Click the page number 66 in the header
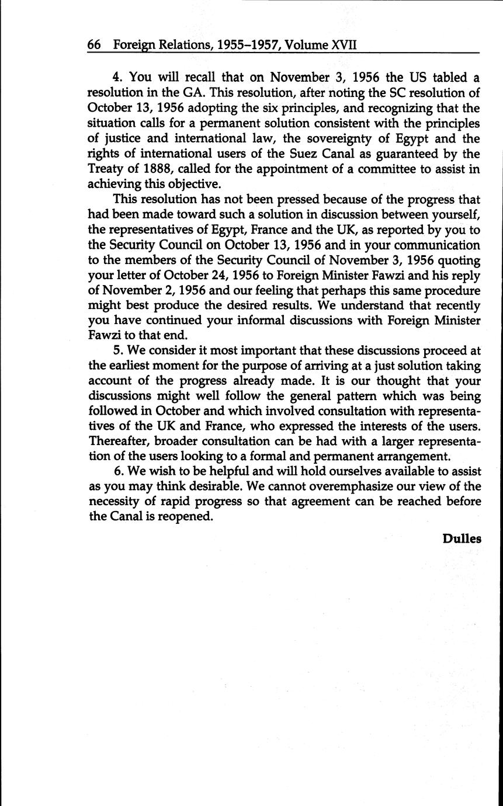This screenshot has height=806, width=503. (x=95, y=44)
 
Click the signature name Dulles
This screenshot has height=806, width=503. (x=462, y=539)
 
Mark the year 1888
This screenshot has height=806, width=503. (x=155, y=168)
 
